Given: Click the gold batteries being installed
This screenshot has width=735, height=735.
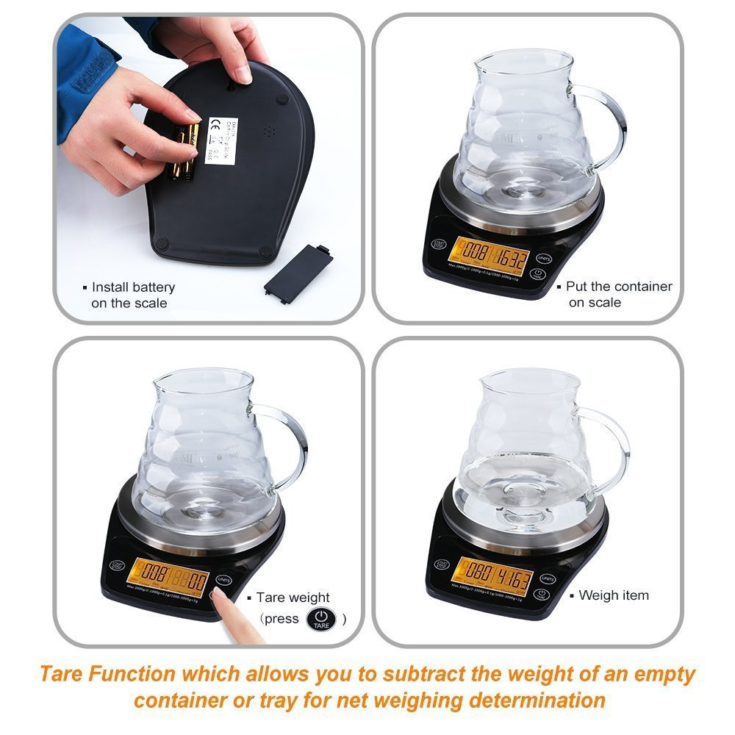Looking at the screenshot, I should pyautogui.click(x=184, y=151).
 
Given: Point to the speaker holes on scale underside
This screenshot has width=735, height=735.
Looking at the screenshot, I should pyautogui.click(x=269, y=131).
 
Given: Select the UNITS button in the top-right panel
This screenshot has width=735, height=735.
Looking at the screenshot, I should pyautogui.click(x=544, y=258).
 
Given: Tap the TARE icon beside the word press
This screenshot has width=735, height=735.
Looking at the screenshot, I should pyautogui.click(x=320, y=619).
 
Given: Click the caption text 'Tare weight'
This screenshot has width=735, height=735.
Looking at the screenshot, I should pyautogui.click(x=293, y=598).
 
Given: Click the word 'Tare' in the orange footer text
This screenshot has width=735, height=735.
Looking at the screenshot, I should pyautogui.click(x=60, y=673).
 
